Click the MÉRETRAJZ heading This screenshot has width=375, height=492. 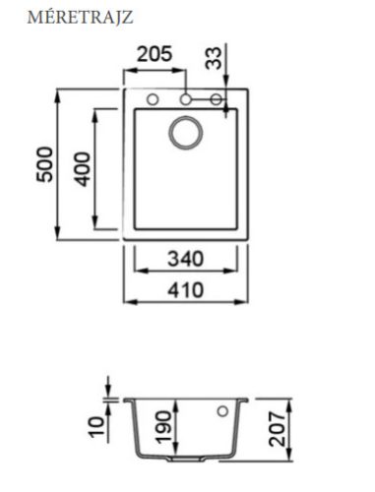(x=81, y=18)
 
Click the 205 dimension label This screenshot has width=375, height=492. (x=155, y=54)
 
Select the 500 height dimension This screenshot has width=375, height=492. (x=44, y=164)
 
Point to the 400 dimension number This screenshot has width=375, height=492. (x=82, y=169)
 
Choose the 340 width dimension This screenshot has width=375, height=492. (x=186, y=259)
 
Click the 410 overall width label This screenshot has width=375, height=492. (x=186, y=290)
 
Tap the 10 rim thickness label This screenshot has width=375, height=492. (x=96, y=426)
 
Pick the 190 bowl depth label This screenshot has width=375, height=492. (x=163, y=427)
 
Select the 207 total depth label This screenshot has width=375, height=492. (x=277, y=429)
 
